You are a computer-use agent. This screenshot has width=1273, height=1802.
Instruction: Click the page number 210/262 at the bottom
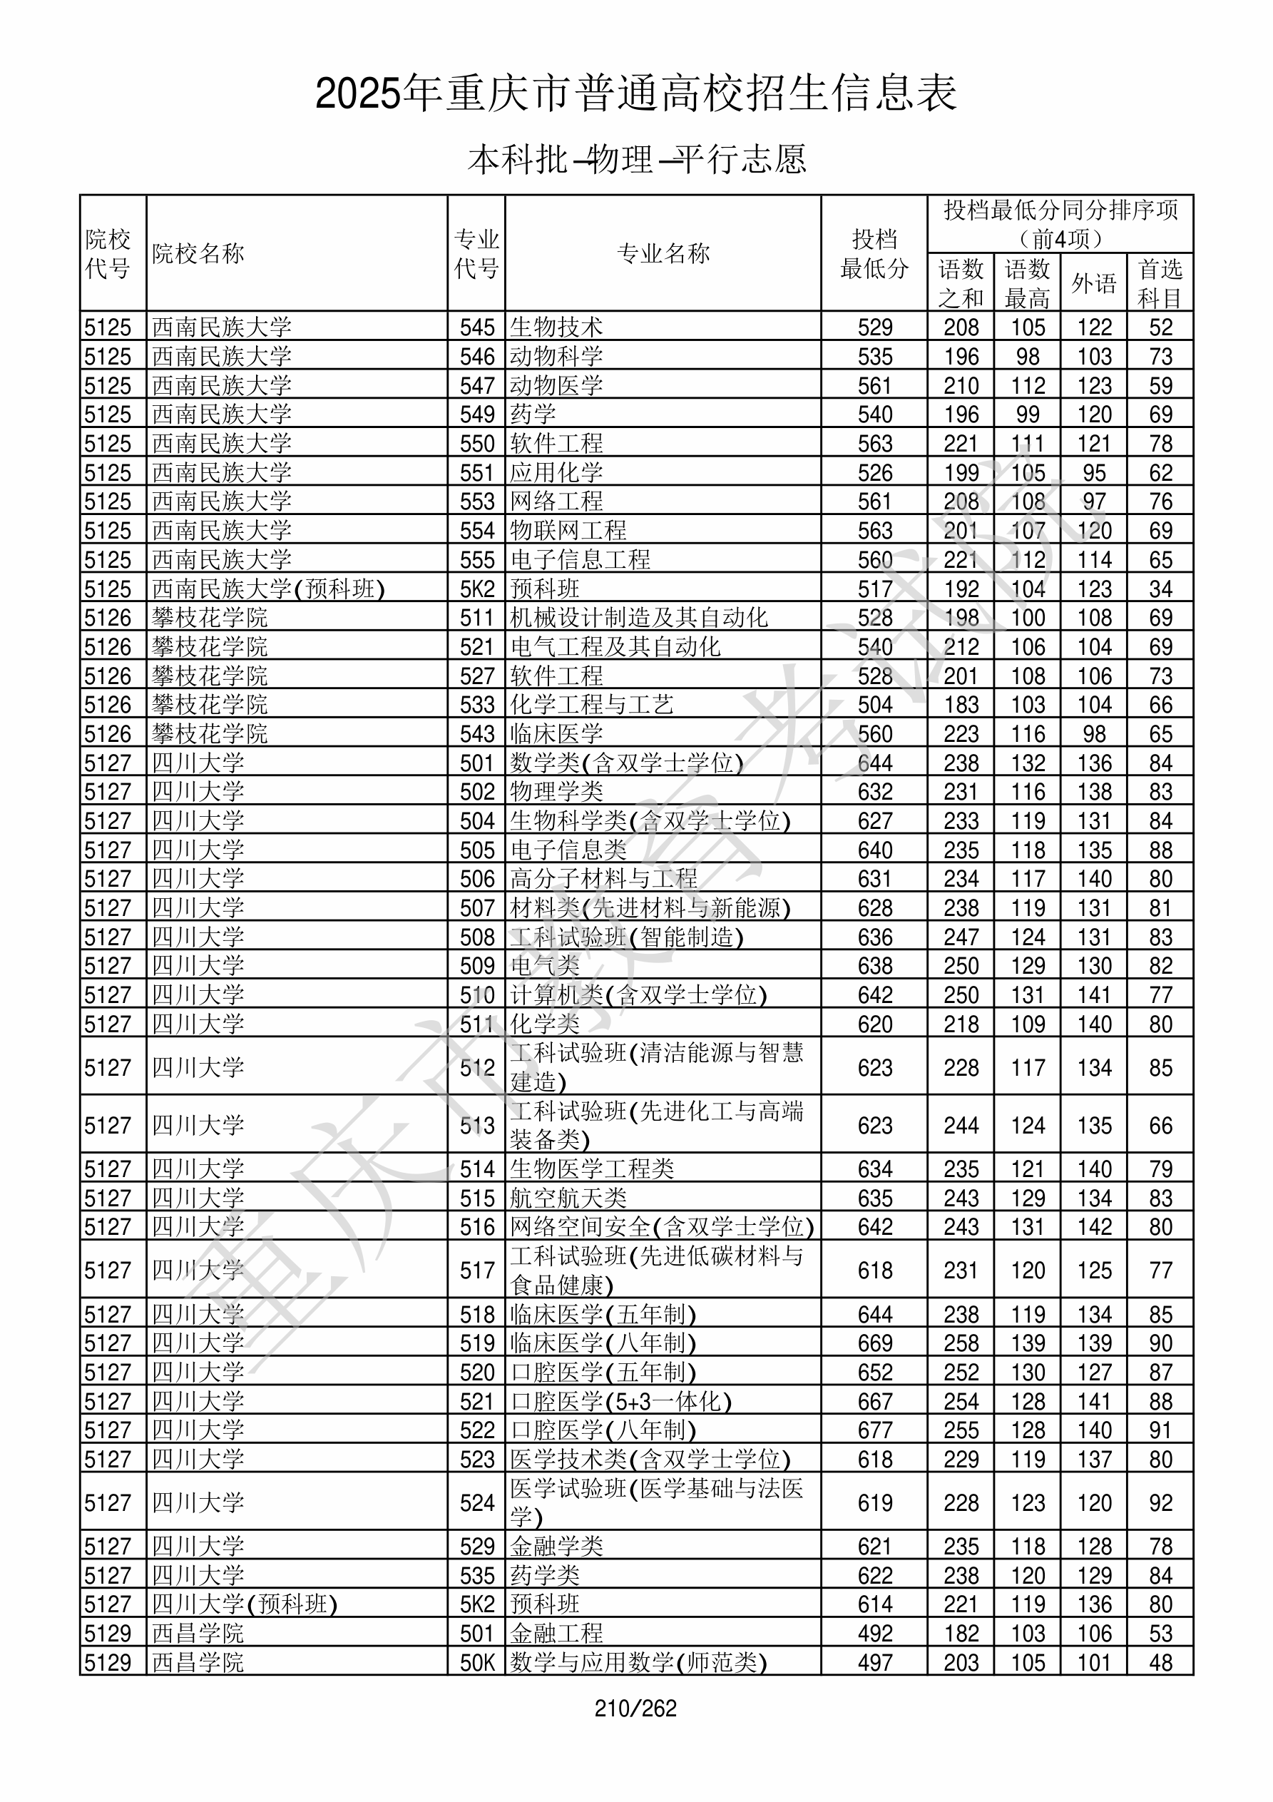[x=635, y=1708]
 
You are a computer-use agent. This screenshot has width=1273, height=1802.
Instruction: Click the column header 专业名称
[x=663, y=253]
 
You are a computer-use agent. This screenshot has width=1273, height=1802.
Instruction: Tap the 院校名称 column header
[x=198, y=253]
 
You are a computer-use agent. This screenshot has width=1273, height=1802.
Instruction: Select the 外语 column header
[x=1093, y=283]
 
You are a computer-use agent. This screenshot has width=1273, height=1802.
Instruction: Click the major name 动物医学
[x=556, y=385]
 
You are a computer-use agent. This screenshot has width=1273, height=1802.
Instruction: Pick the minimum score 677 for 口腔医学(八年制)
[x=874, y=1430]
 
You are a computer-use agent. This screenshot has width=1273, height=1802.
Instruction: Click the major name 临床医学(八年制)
[x=603, y=1343]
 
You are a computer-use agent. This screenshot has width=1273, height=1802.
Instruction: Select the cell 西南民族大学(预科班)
[x=268, y=589]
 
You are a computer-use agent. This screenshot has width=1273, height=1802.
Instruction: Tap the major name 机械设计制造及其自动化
[x=639, y=618]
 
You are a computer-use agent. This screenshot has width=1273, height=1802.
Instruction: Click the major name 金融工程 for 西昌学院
[x=556, y=1633]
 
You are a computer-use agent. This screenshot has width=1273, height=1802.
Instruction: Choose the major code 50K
[x=477, y=1662]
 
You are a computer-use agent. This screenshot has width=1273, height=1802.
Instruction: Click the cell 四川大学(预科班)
[x=244, y=1604]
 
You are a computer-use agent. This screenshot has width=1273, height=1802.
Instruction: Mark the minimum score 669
[x=874, y=1343]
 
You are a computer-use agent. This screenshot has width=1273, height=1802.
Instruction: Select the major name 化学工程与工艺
[x=592, y=705]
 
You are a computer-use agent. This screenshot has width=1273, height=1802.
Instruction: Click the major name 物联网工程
[x=568, y=531]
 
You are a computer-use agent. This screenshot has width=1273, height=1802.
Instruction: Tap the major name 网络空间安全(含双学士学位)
[x=662, y=1227]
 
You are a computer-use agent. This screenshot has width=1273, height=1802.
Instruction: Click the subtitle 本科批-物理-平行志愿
[x=636, y=159]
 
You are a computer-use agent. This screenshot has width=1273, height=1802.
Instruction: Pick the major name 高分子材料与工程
[x=603, y=878]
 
